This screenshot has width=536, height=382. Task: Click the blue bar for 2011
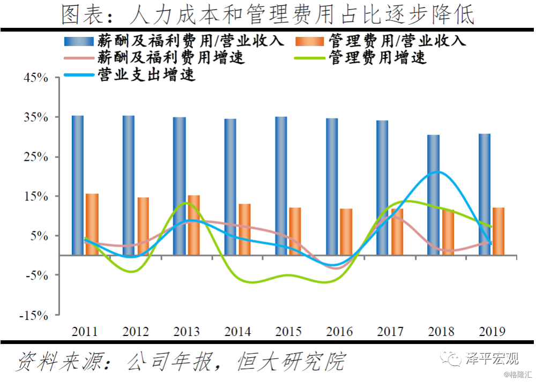78,185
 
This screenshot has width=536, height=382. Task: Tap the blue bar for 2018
434,195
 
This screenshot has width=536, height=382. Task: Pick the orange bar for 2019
498,231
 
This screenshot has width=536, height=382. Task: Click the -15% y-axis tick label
34,315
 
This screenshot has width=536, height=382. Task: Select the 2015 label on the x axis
288,331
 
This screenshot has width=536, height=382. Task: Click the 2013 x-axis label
187,331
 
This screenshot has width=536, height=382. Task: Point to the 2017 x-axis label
390,331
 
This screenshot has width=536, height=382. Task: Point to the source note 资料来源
180,362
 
